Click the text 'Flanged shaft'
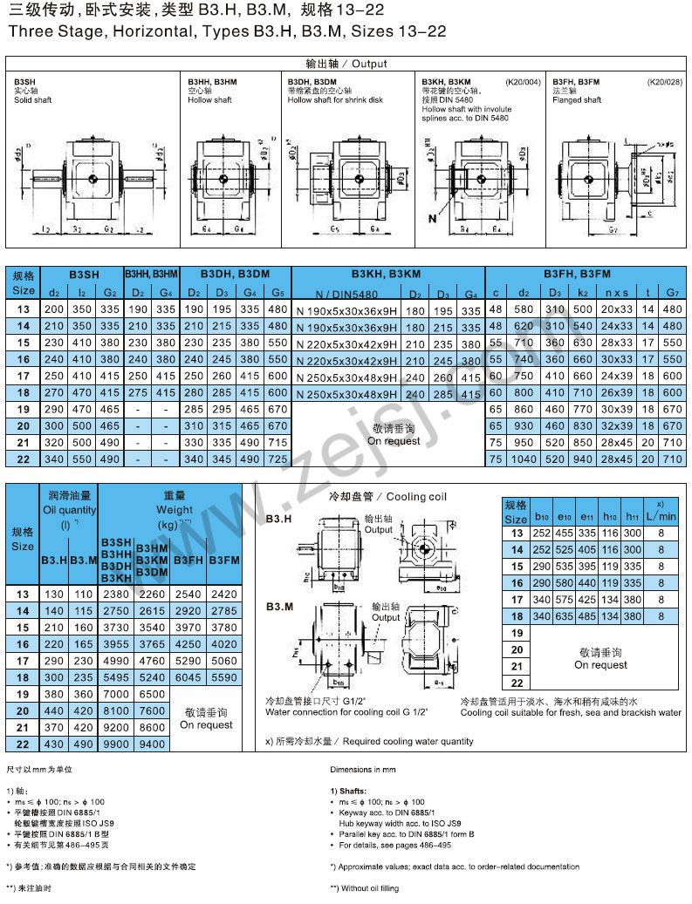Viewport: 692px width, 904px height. tap(577, 100)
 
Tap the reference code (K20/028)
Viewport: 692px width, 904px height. tap(665, 82)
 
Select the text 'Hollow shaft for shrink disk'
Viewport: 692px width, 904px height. tap(335, 100)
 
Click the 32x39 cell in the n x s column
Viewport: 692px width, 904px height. tap(617, 426)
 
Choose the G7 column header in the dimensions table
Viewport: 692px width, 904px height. tap(672, 293)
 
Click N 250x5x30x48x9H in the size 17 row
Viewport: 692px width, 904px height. tap(346, 377)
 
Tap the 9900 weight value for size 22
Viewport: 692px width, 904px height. tap(117, 744)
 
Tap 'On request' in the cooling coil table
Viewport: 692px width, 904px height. tap(600, 665)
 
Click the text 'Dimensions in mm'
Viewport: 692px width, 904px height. tap(363, 771)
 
